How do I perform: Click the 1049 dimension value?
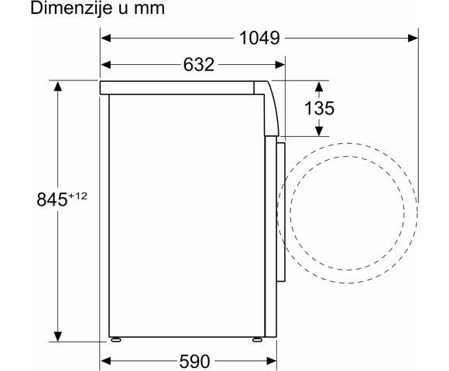pyautogui.click(x=259, y=38)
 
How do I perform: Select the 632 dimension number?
pyautogui.click(x=199, y=65)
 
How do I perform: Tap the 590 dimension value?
pyautogui.click(x=195, y=361)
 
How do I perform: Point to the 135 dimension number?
pyautogui.click(x=319, y=108)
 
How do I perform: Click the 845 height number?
pyautogui.click(x=52, y=199)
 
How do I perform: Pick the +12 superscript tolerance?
pyautogui.click(x=77, y=196)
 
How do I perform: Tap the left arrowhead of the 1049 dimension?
pyautogui.click(x=106, y=38)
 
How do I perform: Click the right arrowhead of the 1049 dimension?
pyautogui.click(x=413, y=38)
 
